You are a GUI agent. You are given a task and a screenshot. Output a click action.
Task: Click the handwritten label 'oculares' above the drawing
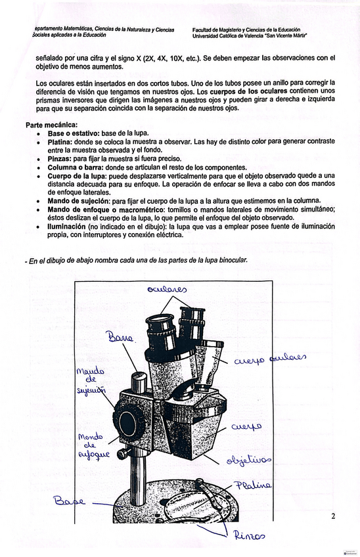167,290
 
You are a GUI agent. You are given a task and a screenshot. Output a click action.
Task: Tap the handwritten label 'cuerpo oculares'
270,359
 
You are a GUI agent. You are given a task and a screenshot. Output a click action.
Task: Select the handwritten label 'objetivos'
249,460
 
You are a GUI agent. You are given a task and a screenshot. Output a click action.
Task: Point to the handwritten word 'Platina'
254,485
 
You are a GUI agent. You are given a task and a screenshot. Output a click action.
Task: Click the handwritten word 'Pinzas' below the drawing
249,536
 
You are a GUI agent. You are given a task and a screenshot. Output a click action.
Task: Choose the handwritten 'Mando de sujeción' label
91,381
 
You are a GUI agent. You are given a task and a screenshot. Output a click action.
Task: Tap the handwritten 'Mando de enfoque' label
94,446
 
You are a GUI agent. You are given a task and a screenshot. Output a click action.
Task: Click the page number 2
333,516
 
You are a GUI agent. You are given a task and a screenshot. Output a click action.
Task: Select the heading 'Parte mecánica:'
51,125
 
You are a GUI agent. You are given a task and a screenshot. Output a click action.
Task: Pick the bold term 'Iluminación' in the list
66,226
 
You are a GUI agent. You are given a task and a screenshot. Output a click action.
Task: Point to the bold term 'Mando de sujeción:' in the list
79,201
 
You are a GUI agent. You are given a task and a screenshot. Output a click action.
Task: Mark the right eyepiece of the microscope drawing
192,323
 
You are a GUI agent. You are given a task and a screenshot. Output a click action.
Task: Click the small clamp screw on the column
124,454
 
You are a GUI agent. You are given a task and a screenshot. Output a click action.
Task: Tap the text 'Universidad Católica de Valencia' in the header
228,36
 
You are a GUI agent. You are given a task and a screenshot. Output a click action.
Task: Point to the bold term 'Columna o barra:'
76,167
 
